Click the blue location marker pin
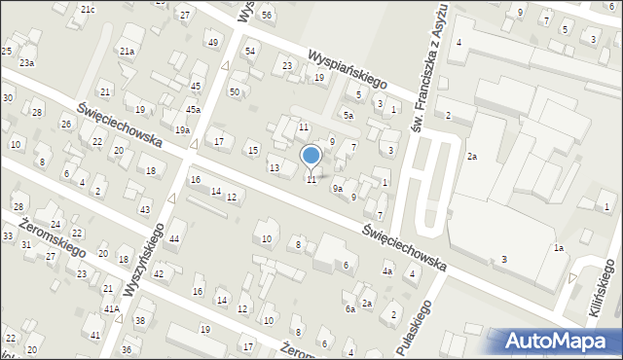(311, 156)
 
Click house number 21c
(88, 9)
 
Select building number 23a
(27, 62)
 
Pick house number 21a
(127, 51)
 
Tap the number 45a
(194, 110)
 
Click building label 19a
(182, 129)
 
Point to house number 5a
(348, 115)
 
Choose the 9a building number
(338, 188)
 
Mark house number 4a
(386, 271)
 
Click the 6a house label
(349, 308)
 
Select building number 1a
(559, 248)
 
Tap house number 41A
(111, 308)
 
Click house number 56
(266, 17)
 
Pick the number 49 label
(212, 42)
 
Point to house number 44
(174, 238)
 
